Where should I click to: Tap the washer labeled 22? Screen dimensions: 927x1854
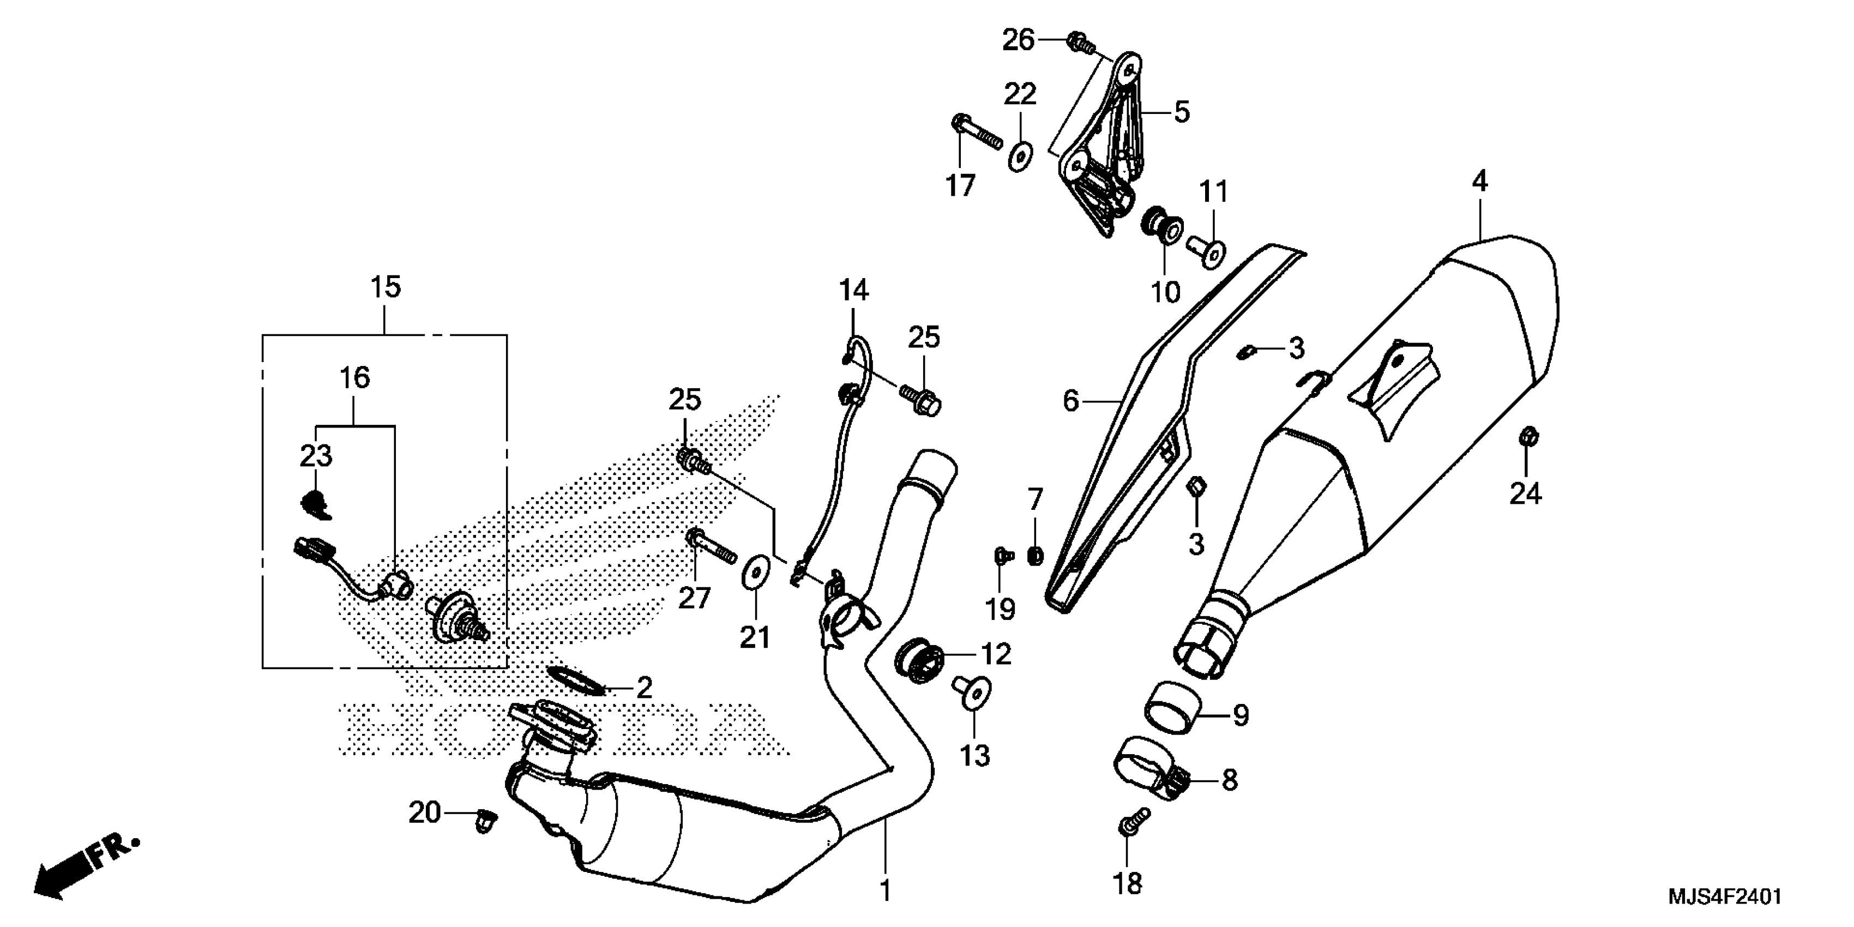pos(1019,156)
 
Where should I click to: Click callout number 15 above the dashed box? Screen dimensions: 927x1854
pos(385,287)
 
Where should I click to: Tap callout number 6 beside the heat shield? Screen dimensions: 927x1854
pos(1071,401)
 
